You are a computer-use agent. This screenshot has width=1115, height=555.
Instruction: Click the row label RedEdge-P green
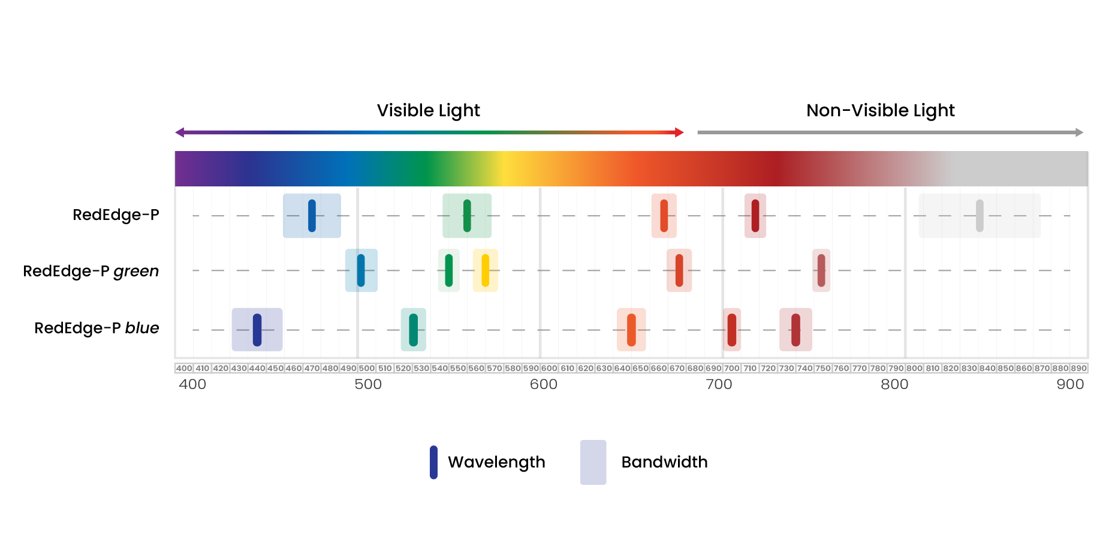click(91, 272)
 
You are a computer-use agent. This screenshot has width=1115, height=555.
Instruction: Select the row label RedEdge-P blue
click(97, 328)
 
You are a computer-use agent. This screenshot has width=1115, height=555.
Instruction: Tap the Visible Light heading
click(428, 110)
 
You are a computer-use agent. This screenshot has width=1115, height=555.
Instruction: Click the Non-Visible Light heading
click(880, 110)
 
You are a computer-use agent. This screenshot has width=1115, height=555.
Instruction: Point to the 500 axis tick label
click(368, 384)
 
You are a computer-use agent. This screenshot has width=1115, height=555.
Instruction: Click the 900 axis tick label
click(1070, 384)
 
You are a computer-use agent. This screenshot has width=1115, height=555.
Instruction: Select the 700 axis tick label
click(719, 384)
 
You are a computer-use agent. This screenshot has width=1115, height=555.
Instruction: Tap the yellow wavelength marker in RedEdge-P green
click(485, 270)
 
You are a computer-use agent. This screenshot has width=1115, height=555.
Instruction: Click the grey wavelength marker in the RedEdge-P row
click(980, 216)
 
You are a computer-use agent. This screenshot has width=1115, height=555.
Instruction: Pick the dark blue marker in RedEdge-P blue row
click(257, 330)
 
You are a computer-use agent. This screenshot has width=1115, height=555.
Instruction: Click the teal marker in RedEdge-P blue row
click(413, 330)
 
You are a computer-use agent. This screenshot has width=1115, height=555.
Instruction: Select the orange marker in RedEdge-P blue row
click(631, 330)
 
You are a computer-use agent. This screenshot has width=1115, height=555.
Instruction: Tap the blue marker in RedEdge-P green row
click(361, 270)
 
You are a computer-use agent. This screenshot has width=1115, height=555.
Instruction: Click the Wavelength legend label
click(496, 462)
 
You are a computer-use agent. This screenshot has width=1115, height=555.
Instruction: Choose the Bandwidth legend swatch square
click(593, 462)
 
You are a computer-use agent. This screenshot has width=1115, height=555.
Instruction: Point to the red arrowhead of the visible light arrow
click(679, 132)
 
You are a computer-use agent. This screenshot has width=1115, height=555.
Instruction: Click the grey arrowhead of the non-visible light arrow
click(1079, 132)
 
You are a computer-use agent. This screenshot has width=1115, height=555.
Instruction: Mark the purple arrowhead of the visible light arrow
click(180, 132)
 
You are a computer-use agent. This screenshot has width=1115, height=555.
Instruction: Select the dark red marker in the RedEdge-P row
click(755, 216)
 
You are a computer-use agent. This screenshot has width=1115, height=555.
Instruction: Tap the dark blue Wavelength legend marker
click(433, 462)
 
